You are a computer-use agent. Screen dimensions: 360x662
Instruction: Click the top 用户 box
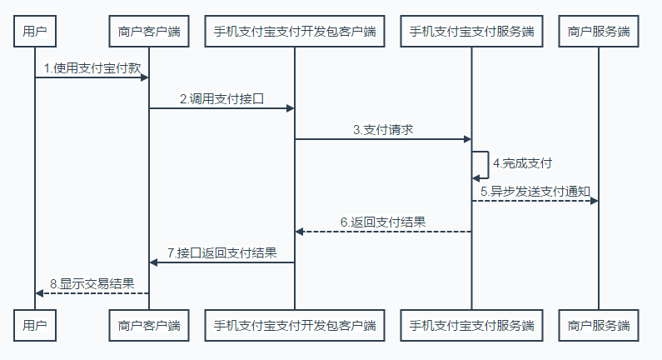click(35, 32)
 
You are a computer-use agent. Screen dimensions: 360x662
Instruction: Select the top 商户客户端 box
click(149, 32)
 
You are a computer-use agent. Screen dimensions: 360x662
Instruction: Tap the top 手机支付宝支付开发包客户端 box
click(295, 32)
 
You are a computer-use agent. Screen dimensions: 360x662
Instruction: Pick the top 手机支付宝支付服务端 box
click(471, 32)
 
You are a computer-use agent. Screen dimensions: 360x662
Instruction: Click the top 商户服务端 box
click(598, 32)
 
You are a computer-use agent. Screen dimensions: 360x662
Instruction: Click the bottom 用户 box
click(35, 324)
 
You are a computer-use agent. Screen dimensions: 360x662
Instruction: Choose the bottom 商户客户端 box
click(149, 324)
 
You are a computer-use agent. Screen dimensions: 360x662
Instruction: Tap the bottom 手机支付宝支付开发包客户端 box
click(295, 324)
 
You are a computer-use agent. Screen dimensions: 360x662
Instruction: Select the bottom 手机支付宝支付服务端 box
click(471, 324)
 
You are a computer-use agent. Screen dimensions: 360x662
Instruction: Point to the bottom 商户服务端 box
click(598, 324)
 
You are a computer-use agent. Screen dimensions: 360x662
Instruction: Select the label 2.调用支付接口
click(221, 98)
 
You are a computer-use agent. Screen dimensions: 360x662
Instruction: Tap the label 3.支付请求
click(383, 129)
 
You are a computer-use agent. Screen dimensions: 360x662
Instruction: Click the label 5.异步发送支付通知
click(535, 191)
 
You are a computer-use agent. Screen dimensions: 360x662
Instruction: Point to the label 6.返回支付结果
click(383, 222)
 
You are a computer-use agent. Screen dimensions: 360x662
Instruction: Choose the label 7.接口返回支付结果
click(221, 252)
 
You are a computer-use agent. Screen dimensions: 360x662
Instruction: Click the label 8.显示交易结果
click(92, 283)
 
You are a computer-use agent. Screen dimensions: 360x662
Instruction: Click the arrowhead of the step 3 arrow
click(467, 139)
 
